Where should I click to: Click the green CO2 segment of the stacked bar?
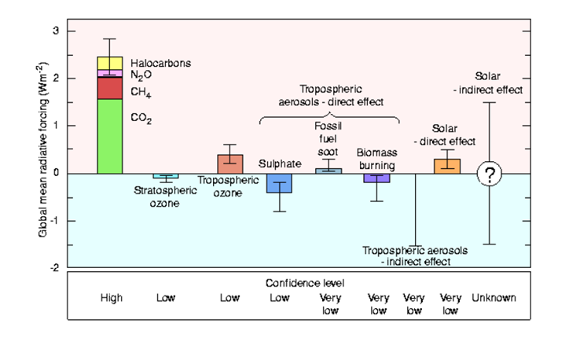(x=110, y=136)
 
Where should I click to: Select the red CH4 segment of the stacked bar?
(x=110, y=88)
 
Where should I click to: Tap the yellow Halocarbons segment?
(x=110, y=63)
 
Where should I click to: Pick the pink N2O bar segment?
(x=110, y=73)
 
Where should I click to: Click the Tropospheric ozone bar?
(x=230, y=164)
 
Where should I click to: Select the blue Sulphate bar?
(x=279, y=183)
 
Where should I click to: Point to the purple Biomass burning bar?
(x=376, y=178)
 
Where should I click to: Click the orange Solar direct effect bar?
(x=447, y=166)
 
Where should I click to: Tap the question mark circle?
(x=490, y=174)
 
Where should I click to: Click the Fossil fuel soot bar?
(x=329, y=171)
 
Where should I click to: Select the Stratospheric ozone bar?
(x=166, y=176)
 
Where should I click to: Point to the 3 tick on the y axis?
(x=72, y=31)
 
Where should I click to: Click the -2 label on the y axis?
(x=55, y=267)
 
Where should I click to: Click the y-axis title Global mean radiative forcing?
(x=43, y=149)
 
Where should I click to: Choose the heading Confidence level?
(x=305, y=283)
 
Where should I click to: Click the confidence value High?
(x=112, y=298)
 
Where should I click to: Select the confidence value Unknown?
(x=494, y=298)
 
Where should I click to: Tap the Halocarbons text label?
(x=161, y=63)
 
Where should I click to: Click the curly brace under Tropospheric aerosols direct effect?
(x=329, y=118)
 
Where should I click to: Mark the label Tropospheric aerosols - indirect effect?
(x=415, y=256)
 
